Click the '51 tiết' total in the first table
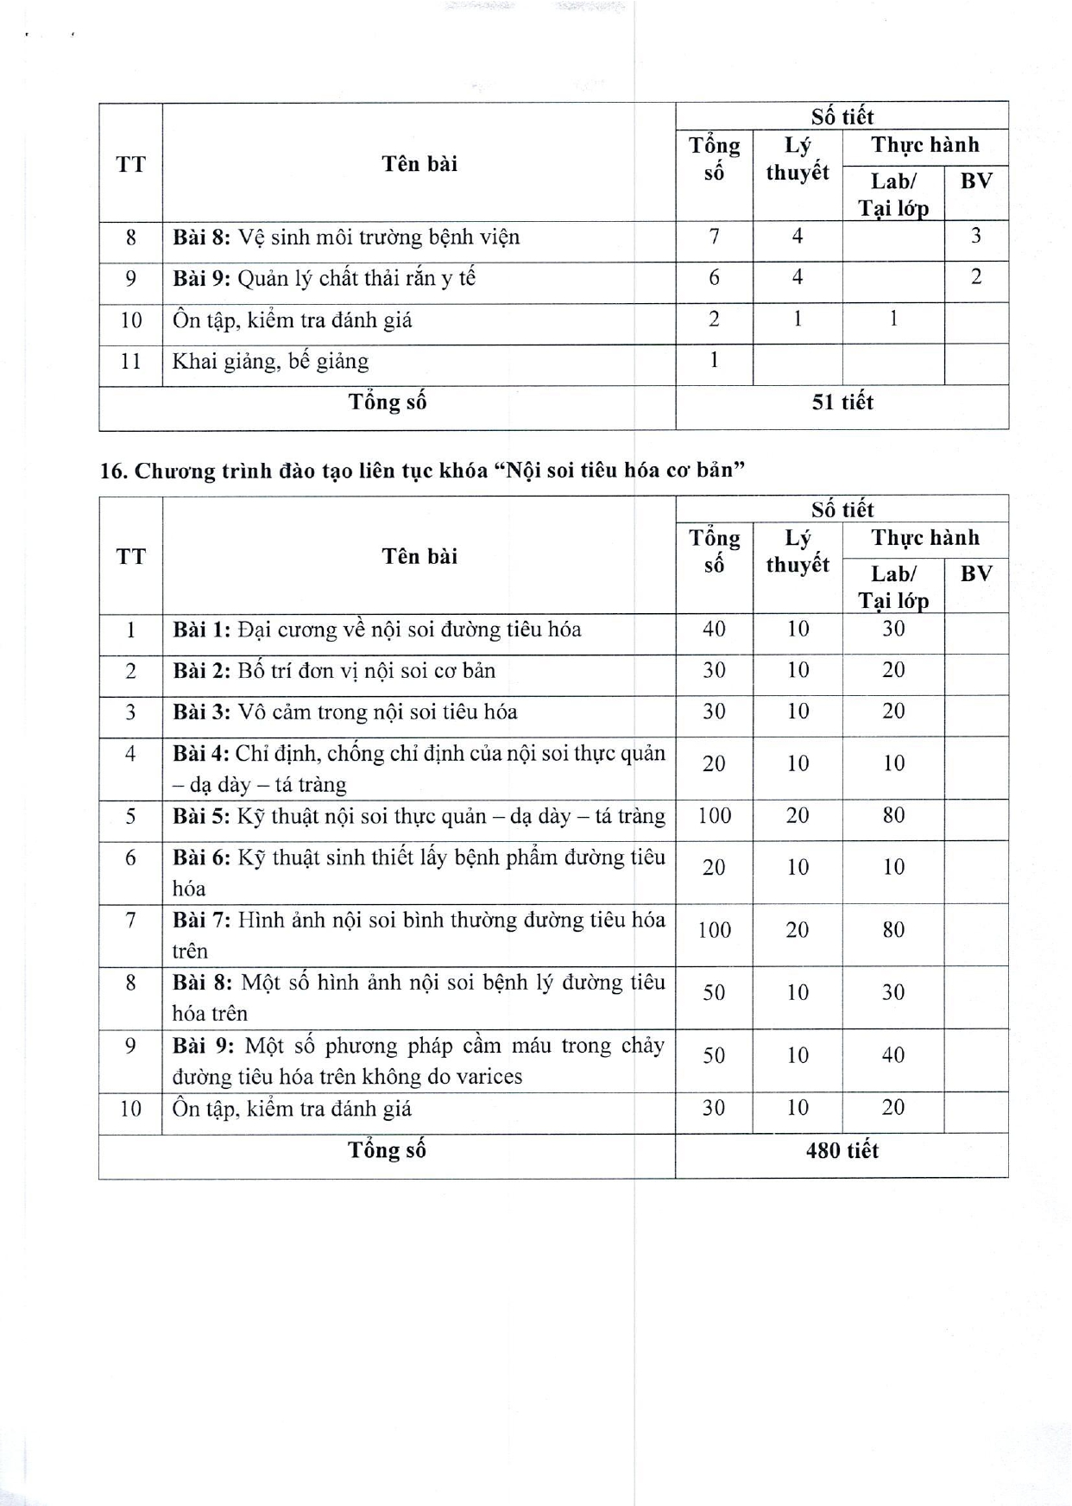click(x=842, y=402)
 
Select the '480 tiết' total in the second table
click(x=842, y=1150)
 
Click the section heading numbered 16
click(x=422, y=471)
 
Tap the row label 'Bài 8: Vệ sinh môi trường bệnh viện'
click(x=346, y=237)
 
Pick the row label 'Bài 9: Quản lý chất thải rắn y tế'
click(x=324, y=278)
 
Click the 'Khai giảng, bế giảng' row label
click(x=270, y=361)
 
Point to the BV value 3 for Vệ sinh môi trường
click(x=975, y=236)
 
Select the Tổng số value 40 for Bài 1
click(x=714, y=629)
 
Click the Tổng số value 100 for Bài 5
click(x=714, y=815)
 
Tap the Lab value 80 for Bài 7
click(x=893, y=929)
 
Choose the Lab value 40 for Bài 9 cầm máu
click(x=893, y=1054)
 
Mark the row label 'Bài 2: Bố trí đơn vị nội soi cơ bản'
click(x=334, y=671)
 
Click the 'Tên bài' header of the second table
click(x=419, y=556)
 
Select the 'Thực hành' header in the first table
click(x=925, y=144)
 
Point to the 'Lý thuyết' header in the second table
click(x=798, y=551)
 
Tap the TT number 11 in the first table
click(x=130, y=361)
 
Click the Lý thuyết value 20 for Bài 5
click(x=798, y=815)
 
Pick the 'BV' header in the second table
click(x=976, y=573)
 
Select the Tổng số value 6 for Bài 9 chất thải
click(x=714, y=277)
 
